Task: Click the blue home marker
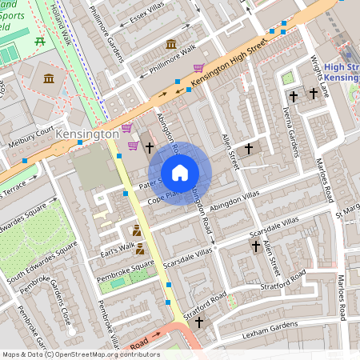click(x=180, y=172)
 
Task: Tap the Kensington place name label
click(x=87, y=136)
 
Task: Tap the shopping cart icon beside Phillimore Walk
click(x=198, y=68)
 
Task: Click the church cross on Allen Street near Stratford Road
click(x=255, y=247)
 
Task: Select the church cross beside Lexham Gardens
click(x=198, y=322)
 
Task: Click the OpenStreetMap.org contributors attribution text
click(x=104, y=354)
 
